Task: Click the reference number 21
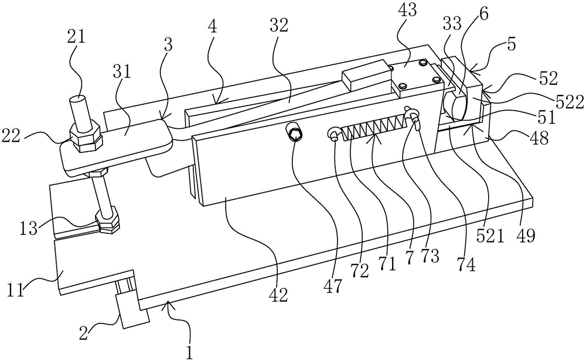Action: click(x=77, y=38)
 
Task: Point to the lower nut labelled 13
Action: click(x=110, y=222)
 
